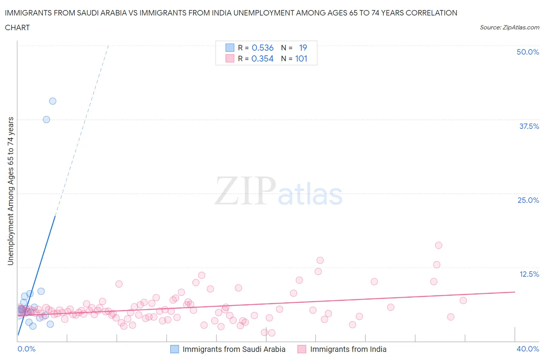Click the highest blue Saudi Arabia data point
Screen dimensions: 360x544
point(53,101)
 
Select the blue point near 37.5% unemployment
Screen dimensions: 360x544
point(46,119)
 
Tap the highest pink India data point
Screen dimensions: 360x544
point(438,245)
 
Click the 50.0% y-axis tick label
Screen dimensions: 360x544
point(528,52)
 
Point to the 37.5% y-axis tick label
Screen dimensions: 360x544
point(529,126)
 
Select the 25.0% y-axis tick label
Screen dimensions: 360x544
point(528,200)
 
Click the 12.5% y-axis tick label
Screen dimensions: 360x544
point(529,274)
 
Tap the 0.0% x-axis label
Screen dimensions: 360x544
point(27,349)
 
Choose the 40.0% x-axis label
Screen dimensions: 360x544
point(528,349)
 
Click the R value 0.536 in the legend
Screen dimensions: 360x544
point(262,48)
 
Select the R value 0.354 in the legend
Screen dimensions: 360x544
point(262,58)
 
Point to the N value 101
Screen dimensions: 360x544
point(301,58)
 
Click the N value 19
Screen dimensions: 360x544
point(303,48)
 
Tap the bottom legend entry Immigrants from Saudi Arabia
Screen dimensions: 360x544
point(234,349)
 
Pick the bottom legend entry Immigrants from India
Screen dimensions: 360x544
point(348,349)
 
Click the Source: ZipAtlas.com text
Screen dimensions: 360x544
point(509,27)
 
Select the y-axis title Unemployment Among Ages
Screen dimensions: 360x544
point(10,191)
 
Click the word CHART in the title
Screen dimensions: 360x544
point(17,27)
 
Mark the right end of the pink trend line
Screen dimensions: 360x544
point(515,292)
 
